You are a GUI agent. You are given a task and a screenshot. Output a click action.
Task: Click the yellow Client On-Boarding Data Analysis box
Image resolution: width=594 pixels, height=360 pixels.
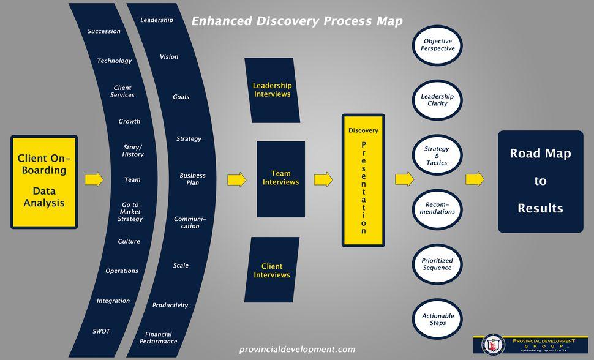pos(43,182)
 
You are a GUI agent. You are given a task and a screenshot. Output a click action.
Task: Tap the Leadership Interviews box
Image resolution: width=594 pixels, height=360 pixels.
pos(272,90)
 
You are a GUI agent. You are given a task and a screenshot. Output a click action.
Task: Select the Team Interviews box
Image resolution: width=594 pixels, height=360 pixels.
pos(280,179)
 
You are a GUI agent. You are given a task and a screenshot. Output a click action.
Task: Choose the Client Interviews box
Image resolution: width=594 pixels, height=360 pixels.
pos(271,270)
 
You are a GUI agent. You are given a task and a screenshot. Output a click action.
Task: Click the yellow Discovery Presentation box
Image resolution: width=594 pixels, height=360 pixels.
pos(363,180)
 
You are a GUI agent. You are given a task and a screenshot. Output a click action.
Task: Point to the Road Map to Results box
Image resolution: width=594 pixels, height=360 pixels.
pos(539,181)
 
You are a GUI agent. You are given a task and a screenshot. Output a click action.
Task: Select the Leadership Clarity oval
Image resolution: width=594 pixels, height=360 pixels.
pos(437,100)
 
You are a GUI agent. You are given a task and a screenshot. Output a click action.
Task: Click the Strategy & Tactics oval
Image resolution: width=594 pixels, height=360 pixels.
pos(437,156)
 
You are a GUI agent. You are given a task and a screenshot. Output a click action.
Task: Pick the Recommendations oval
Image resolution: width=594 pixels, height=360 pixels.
pos(437,208)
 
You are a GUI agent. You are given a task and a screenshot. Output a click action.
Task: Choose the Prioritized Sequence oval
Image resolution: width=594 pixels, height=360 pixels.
pos(437,264)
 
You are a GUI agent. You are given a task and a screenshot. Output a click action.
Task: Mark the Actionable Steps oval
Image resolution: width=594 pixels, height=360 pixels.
pos(437,319)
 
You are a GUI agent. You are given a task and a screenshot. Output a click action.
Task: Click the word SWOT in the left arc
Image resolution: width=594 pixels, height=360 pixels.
pos(101,331)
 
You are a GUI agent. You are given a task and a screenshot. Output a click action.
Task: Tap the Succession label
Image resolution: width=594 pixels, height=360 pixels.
pos(104,31)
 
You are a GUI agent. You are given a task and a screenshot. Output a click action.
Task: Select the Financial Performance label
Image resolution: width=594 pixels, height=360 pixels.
pos(158,338)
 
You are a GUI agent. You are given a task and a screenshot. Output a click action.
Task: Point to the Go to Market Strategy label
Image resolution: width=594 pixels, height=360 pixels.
pos(130,212)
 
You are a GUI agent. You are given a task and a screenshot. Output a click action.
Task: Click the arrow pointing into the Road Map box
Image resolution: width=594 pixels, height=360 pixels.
pos(475,179)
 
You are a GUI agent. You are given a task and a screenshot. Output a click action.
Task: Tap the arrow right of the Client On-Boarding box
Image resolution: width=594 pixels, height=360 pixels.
pos(94,179)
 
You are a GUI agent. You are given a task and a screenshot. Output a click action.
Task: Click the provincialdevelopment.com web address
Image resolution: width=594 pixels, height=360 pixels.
pos(297,350)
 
